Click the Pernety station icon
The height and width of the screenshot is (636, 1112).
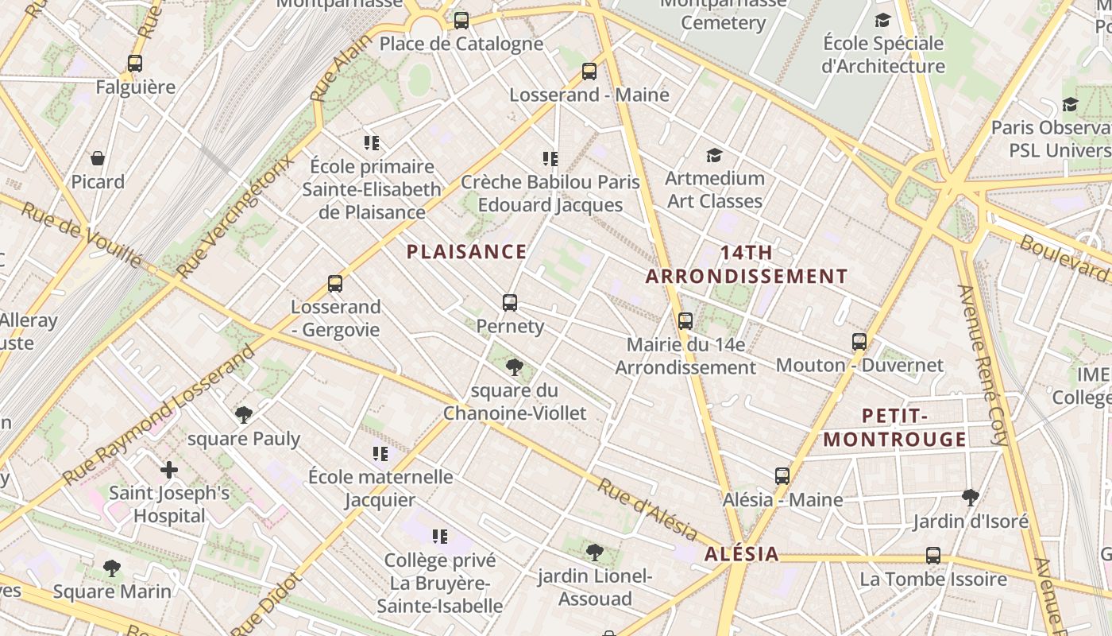[x=510, y=303]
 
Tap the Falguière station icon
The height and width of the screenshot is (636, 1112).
[x=135, y=64]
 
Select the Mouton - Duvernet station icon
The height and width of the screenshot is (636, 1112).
[x=859, y=342]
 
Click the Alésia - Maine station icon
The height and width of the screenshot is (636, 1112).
[x=782, y=476]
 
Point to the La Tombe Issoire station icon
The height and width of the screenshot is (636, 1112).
[x=933, y=556]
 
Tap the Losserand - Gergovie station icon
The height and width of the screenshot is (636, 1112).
[x=335, y=284]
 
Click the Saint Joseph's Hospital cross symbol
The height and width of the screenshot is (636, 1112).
[x=169, y=470]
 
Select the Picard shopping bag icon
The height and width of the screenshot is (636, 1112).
[x=98, y=158]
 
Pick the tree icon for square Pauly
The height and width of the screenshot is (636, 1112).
[x=244, y=414]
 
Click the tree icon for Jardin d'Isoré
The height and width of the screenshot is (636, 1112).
[x=970, y=498]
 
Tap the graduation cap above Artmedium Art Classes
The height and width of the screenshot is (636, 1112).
[x=715, y=155]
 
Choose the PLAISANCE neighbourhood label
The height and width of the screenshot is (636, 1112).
[x=466, y=252]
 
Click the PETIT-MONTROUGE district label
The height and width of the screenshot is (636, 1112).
[x=894, y=428]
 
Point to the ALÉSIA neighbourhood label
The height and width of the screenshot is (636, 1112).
[x=741, y=554]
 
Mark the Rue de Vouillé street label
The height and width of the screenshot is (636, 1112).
[x=81, y=234]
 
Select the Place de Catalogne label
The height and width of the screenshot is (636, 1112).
[x=461, y=44]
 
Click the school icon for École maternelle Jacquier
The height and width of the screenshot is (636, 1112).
[x=380, y=454]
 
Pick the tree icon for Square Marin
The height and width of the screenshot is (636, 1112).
[x=112, y=568]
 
